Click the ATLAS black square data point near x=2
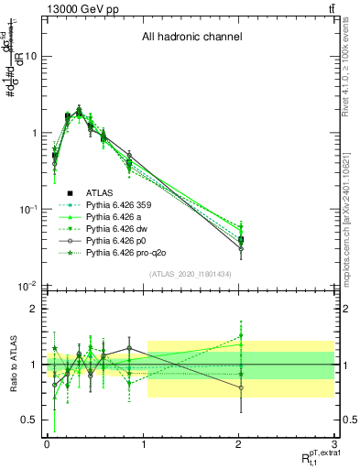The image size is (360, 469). point(241,240)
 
